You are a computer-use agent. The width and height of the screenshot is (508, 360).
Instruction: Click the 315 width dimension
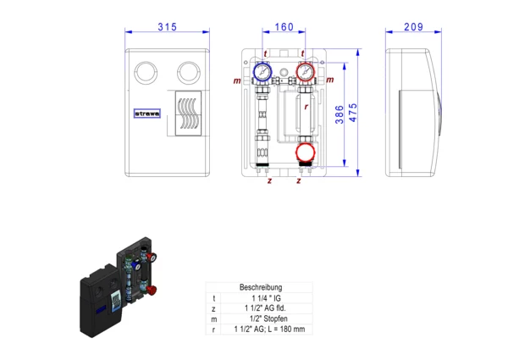(167, 27)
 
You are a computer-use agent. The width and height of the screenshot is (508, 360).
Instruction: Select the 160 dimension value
(284, 27)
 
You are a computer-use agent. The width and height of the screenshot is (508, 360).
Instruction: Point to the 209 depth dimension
(413, 27)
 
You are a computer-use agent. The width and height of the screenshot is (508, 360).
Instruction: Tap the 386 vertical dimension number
(340, 114)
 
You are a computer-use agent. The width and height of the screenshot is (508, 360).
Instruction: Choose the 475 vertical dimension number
(353, 113)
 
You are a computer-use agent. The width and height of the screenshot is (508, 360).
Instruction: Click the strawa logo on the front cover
(147, 114)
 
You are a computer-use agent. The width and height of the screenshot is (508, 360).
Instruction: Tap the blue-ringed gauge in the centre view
(262, 71)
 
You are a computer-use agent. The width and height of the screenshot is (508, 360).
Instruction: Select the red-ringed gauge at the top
(305, 72)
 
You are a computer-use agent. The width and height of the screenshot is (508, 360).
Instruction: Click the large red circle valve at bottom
(305, 152)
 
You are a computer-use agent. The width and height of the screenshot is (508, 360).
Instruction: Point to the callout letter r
(306, 107)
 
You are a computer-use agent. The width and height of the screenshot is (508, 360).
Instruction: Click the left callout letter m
(237, 80)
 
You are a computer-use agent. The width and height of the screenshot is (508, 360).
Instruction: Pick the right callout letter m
(330, 80)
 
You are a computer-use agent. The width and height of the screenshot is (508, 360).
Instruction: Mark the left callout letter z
(269, 180)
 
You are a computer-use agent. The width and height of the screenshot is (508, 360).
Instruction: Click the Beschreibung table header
(261, 287)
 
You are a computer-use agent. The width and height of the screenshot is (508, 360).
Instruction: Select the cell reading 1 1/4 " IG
(267, 298)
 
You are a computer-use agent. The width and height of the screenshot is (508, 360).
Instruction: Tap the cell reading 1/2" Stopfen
(268, 318)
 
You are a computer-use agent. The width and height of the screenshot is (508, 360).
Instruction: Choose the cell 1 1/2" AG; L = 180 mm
(269, 330)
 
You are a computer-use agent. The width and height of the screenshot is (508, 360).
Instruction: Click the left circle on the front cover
(146, 73)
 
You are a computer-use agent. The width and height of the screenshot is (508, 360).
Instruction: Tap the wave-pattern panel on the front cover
(188, 114)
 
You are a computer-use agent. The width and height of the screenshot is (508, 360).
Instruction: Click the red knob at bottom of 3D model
(151, 290)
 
